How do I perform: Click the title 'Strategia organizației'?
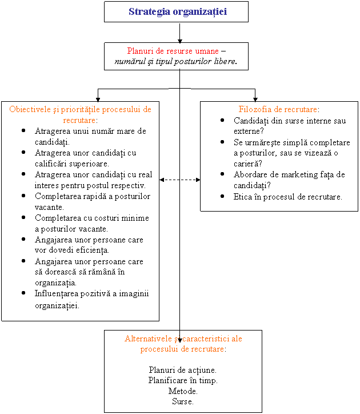click(x=177, y=11)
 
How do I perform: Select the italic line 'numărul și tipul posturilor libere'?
click(x=176, y=61)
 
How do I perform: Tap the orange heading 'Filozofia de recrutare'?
click(x=278, y=109)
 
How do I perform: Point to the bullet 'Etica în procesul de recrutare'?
click(x=288, y=197)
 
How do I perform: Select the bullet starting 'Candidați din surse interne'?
click(x=290, y=126)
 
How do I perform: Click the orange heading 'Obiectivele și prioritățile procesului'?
click(x=80, y=114)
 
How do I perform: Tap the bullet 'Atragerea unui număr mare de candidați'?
click(x=90, y=136)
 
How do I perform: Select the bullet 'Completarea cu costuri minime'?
click(x=91, y=223)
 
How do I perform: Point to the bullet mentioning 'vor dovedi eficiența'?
click(x=89, y=245)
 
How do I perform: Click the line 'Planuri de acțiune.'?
click(x=183, y=369)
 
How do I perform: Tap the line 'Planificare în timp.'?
click(x=183, y=380)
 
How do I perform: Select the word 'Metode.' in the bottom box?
click(x=183, y=391)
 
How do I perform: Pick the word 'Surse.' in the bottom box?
click(x=183, y=401)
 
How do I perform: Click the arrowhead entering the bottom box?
click(x=180, y=340)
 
